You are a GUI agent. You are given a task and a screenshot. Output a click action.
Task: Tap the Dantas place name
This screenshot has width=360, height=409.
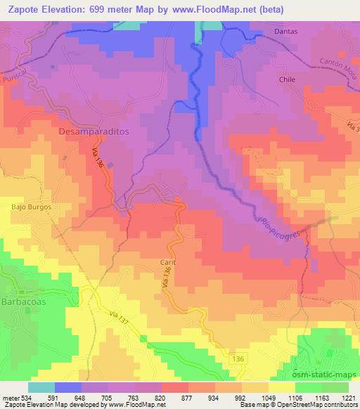286,32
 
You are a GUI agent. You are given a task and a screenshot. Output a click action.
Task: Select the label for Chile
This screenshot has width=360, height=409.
287,80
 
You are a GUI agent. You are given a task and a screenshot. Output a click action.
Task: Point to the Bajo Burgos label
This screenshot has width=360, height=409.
32,207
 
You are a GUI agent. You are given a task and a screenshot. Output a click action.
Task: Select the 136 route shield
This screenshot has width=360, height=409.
240,359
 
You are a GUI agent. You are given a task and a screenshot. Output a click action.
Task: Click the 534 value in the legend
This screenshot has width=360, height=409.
28,396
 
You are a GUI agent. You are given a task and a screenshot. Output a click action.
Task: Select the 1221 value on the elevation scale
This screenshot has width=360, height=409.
349,396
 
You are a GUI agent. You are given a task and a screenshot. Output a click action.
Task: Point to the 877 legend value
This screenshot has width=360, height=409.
188,396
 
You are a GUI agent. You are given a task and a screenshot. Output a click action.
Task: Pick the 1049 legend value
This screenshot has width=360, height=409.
269,396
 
